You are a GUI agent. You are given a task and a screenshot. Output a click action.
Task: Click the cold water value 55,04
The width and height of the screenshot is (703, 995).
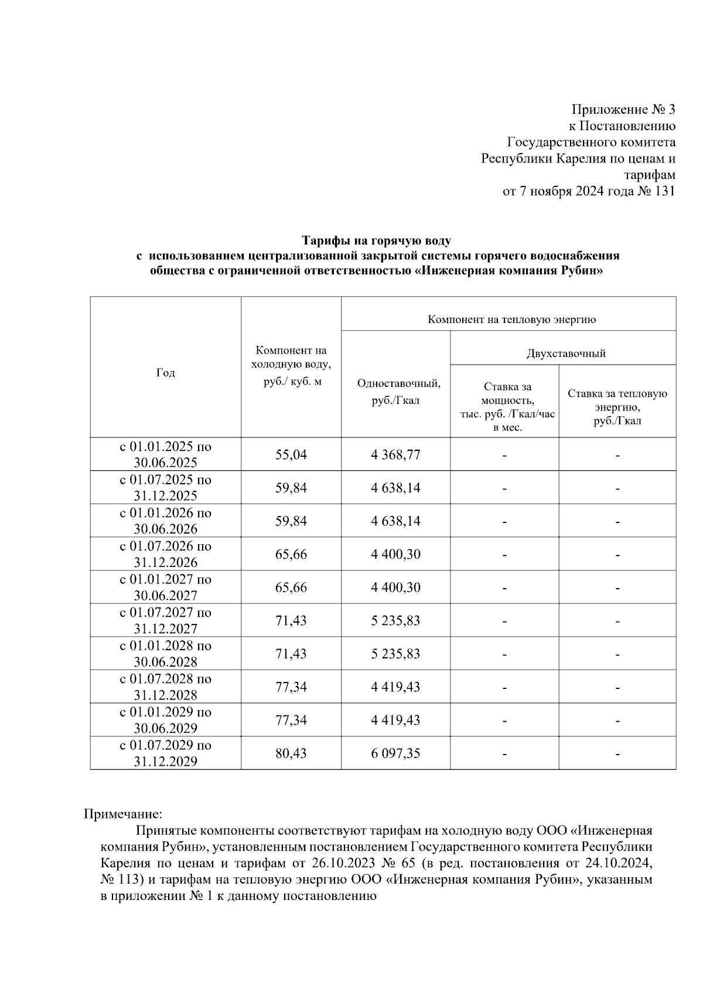291,454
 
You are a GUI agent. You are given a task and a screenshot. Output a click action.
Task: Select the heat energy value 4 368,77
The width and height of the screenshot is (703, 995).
395,454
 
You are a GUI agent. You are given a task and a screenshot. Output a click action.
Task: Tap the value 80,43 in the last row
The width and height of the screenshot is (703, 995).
291,753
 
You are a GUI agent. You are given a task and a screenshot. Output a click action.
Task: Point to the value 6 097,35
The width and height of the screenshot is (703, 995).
395,753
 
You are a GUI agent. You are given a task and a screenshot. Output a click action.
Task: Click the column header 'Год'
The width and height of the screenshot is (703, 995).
166,373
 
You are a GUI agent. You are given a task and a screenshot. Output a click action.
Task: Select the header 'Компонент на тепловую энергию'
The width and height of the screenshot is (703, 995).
511,320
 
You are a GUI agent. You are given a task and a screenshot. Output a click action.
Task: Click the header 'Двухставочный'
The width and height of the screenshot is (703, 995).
566,354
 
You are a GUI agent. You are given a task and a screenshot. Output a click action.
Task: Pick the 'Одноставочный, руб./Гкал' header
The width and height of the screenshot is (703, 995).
398,392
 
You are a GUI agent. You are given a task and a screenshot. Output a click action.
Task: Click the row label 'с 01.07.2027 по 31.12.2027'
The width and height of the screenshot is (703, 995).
166,620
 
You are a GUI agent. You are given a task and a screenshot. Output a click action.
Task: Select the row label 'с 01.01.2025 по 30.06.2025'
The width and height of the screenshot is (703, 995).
166,454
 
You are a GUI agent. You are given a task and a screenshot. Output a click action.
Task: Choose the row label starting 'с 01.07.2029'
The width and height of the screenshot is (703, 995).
166,753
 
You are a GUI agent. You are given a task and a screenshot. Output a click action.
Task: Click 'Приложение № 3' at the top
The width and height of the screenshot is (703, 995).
623,110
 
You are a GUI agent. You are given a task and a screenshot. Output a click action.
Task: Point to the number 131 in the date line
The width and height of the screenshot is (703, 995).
664,191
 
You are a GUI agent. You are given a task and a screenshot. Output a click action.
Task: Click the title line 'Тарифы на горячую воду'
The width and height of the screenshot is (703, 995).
376,240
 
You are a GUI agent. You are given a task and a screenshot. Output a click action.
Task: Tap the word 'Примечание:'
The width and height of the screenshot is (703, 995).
122,814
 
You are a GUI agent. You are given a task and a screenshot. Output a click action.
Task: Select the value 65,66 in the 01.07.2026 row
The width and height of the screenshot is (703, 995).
291,554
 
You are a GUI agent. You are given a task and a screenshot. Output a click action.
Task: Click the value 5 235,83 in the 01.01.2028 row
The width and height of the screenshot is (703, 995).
395,653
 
